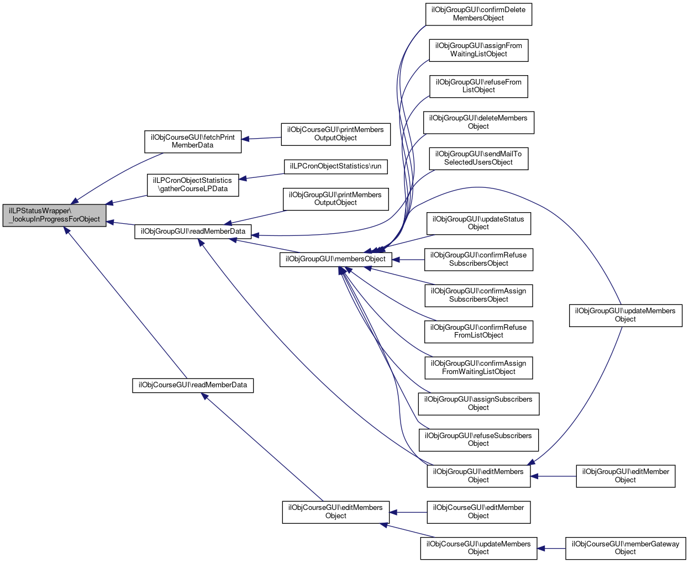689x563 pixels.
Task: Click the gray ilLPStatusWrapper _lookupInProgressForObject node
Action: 54,215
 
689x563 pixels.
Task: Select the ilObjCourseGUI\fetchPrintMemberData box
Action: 193,141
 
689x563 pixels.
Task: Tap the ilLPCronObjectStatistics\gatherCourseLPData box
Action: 193,185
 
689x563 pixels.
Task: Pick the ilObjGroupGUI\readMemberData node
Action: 193,231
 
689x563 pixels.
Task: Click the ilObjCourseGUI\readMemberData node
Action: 193,385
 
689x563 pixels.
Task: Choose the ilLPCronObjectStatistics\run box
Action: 335,167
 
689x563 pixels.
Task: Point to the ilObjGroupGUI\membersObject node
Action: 335,260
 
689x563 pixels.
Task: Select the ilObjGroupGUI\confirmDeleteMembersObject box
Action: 478,14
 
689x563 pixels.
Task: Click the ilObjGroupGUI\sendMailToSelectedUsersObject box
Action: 478,159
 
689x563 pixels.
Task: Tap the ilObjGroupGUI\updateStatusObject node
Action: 478,223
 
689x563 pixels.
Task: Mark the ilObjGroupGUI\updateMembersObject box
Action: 625,315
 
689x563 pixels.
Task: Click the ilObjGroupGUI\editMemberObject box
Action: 625,476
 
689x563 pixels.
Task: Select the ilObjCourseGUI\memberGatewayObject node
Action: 625,548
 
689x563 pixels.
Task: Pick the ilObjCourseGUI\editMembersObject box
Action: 335,512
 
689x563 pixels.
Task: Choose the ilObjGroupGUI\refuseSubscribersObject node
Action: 478,440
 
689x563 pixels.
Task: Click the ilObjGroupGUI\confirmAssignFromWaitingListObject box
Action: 478,367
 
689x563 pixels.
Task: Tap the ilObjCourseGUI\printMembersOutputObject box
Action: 335,134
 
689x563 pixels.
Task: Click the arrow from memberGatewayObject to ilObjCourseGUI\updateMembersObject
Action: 551,549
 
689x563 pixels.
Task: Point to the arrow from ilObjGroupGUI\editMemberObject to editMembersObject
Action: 553,476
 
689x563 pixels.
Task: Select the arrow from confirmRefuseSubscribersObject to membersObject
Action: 408,260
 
